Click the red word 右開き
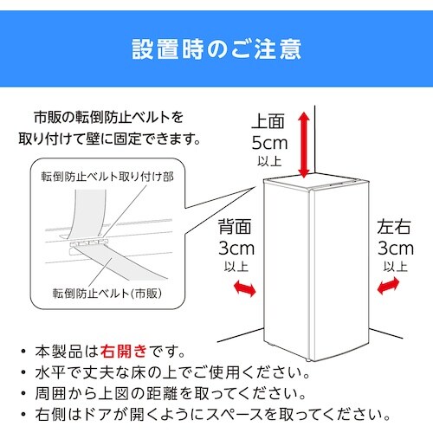point(123,352)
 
